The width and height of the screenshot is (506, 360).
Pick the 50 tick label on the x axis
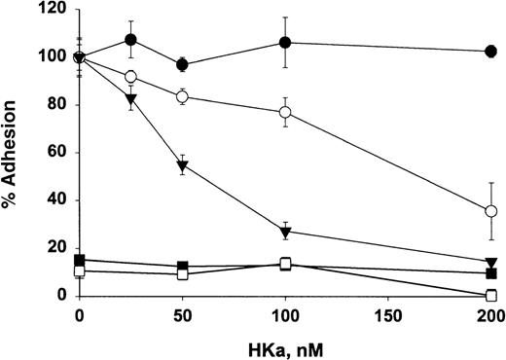pos(182,315)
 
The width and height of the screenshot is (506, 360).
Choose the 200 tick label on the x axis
pos(490,315)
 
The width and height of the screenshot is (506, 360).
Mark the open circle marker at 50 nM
pos(182,96)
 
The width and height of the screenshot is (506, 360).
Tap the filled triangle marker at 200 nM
pos(491,261)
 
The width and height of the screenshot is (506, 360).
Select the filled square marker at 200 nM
pos(491,273)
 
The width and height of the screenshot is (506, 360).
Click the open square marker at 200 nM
pos(491,295)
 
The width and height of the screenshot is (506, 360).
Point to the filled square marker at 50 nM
pos(182,266)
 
